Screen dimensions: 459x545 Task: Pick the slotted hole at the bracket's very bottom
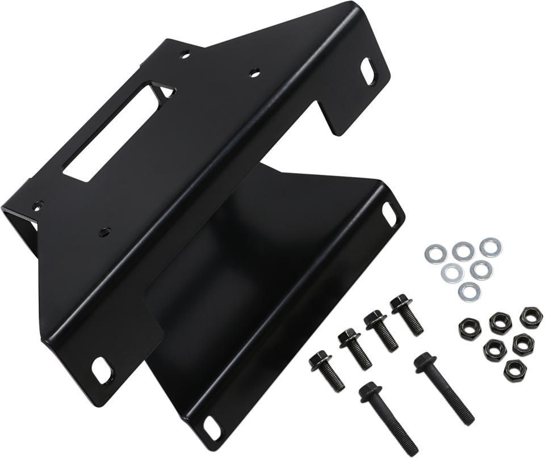[213, 426]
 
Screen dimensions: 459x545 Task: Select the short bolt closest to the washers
[406, 314]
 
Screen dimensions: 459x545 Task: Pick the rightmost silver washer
[488, 246]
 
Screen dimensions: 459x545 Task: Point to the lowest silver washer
[468, 289]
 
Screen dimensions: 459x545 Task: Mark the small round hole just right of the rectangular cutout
[251, 73]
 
